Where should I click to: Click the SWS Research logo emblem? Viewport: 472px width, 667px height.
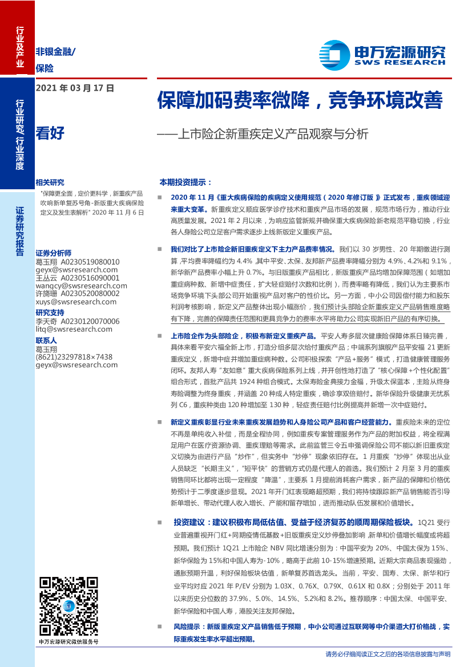coord(334,55)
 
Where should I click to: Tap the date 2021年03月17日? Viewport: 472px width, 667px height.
coord(75,88)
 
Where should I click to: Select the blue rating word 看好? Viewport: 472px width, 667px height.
coord(50,133)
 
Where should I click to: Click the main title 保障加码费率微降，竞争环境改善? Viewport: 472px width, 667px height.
coord(300,100)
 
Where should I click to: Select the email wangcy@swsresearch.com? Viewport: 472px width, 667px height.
coord(81,286)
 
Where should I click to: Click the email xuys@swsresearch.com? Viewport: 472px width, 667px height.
coord(76,302)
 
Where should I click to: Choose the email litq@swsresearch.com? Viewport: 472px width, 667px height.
coord(74,329)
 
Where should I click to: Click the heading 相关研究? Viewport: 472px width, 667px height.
coord(50,182)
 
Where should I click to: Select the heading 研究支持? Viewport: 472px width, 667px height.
coord(50,312)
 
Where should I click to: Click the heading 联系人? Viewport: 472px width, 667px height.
coord(46,340)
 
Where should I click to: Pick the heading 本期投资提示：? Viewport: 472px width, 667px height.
coord(185,182)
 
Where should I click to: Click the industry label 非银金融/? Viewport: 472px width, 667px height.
coord(55,51)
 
